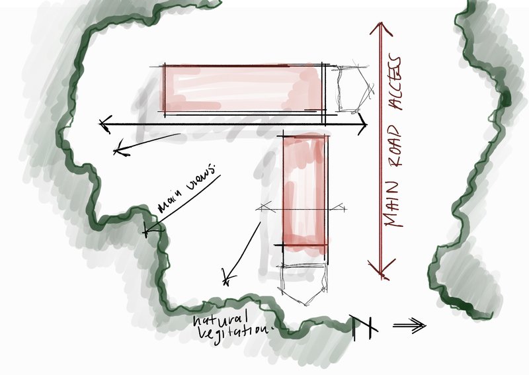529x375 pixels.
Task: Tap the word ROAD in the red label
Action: click(393, 147)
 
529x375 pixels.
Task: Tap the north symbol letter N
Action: click(363, 327)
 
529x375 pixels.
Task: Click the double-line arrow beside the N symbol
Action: click(409, 325)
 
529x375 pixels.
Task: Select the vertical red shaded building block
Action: click(305, 193)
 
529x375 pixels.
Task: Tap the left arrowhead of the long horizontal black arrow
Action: click(104, 124)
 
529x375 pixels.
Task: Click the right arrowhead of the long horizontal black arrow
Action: click(362, 124)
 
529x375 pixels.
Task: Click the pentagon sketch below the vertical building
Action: click(302, 284)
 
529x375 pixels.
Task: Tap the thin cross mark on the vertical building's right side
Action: click(339, 208)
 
